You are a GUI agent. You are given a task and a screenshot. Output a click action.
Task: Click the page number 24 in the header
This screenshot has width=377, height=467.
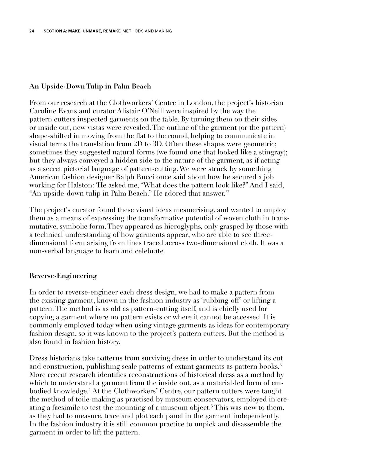click(32, 31)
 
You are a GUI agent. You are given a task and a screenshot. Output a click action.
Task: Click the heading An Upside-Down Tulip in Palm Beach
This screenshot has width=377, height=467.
click(90, 86)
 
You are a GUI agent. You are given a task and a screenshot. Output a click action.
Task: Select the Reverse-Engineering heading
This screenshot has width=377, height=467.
click(63, 276)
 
